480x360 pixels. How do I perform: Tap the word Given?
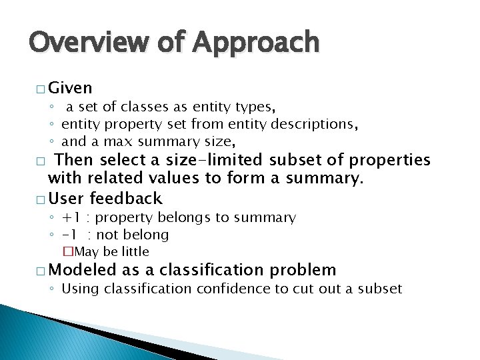pos(71,88)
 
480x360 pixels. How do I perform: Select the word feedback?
pos(125,198)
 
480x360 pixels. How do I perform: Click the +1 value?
pos(70,217)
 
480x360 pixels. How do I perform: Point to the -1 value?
pos(69,235)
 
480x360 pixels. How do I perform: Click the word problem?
pos(303,270)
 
